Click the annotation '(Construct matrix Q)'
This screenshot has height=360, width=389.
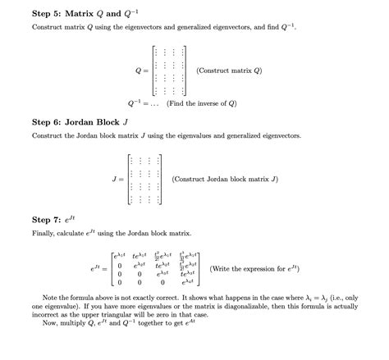(x=229, y=71)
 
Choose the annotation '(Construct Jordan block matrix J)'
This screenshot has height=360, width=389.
(x=225, y=178)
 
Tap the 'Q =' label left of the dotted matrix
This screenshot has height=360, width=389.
(x=142, y=71)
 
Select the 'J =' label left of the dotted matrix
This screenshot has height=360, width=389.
(x=117, y=178)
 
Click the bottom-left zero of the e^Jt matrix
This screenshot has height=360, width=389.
(x=120, y=282)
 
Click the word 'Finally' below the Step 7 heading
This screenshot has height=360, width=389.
(x=43, y=235)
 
